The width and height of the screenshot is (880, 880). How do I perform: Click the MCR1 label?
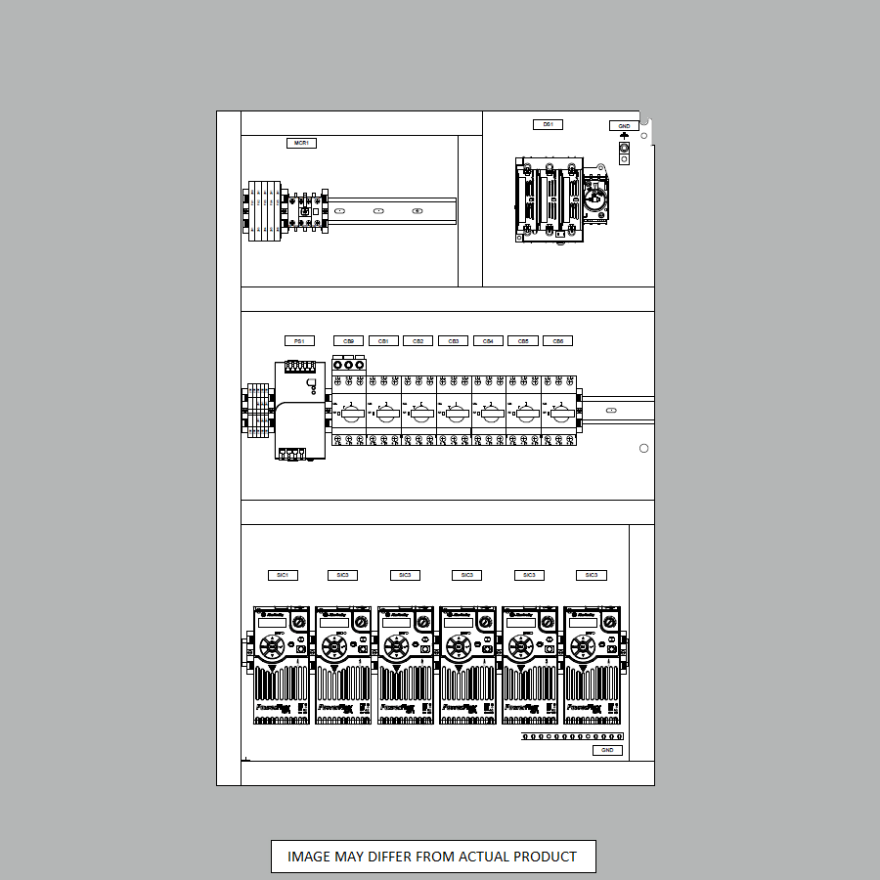click(302, 143)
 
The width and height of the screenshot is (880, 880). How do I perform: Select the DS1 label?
click(548, 124)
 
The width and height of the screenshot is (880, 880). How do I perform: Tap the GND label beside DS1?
click(623, 126)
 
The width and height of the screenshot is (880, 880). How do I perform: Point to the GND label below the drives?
click(607, 750)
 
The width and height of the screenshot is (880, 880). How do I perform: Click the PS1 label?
click(299, 341)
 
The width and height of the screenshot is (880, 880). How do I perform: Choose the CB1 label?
click(383, 341)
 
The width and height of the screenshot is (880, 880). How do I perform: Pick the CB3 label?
click(453, 341)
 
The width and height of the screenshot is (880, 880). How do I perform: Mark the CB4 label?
click(488, 341)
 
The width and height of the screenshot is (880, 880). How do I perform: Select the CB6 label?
click(557, 341)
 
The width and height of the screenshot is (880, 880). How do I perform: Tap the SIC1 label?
click(283, 575)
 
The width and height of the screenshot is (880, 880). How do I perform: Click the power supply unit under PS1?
click(298, 410)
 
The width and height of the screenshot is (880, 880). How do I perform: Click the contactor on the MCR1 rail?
click(305, 210)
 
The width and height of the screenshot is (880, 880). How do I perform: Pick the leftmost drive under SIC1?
click(282, 665)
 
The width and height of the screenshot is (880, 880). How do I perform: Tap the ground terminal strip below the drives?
click(572, 735)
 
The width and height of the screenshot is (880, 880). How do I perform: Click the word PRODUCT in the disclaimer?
click(543, 857)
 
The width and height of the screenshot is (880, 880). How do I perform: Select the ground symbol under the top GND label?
click(625, 135)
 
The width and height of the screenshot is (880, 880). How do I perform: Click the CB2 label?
click(418, 341)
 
